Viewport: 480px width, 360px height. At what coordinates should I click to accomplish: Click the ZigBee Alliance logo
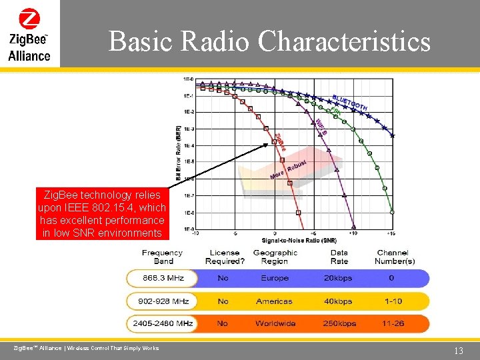[x=29, y=35]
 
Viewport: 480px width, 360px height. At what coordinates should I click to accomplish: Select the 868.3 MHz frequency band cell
[x=162, y=278]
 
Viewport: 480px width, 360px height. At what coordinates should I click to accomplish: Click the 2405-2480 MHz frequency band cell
[x=161, y=323]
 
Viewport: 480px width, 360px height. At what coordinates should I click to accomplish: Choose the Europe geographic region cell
[x=275, y=278]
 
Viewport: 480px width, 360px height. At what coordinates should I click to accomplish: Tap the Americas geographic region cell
[x=274, y=301]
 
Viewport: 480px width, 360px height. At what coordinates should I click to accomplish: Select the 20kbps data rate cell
[x=339, y=278]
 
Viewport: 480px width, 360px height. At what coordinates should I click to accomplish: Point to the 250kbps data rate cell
[x=339, y=323]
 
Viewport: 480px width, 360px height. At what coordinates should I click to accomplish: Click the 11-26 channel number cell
[x=393, y=323]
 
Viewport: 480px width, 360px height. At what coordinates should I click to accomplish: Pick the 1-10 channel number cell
[x=393, y=301]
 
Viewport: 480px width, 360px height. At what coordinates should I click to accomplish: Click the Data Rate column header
[x=339, y=257]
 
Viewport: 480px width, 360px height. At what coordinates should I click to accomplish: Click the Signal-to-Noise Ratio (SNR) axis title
[x=299, y=240]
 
